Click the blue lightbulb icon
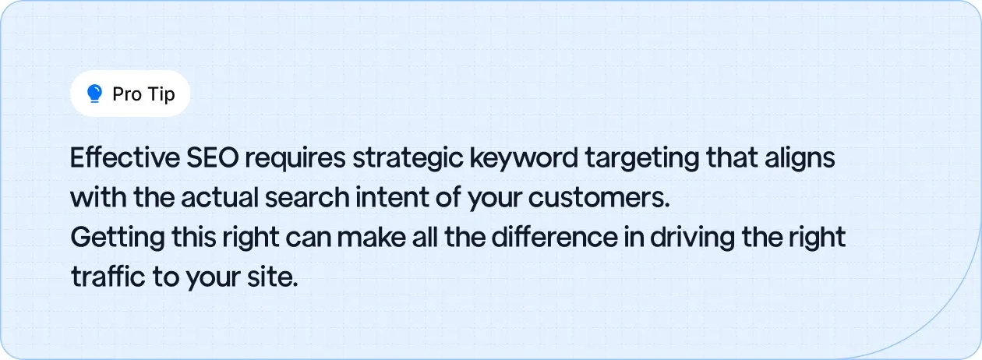click(95, 94)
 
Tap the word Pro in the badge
click(126, 94)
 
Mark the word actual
click(219, 198)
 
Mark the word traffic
click(107, 277)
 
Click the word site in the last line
click(274, 277)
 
